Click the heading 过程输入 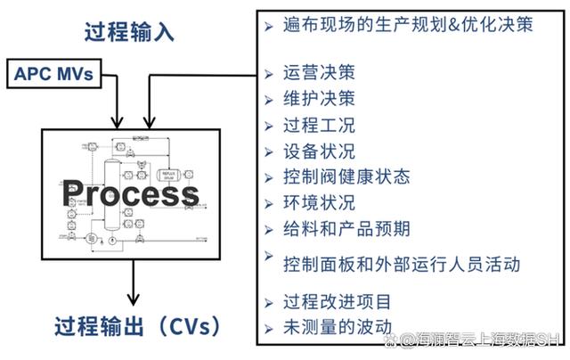[130, 32]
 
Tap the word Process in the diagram [130, 192]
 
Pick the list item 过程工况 [318, 126]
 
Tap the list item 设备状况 [318, 151]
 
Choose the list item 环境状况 [318, 202]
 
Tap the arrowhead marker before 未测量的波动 [269, 327]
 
